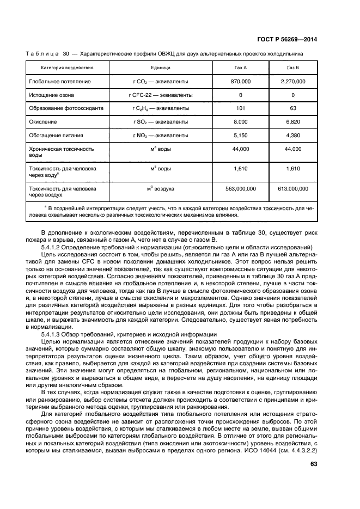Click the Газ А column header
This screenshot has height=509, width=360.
(240, 68)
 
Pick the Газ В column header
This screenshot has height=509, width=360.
(292, 68)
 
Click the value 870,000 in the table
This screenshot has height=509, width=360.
(240, 81)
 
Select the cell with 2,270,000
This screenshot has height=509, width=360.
(292, 81)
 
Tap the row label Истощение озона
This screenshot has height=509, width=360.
(53, 95)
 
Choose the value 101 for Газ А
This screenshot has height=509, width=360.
(240, 108)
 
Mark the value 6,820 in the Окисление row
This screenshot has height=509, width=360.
(292, 121)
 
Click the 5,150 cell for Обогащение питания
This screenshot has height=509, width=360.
(240, 135)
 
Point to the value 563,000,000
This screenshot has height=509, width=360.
(240, 188)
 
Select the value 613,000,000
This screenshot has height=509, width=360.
(292, 188)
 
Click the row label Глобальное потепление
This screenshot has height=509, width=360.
(60, 81)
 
